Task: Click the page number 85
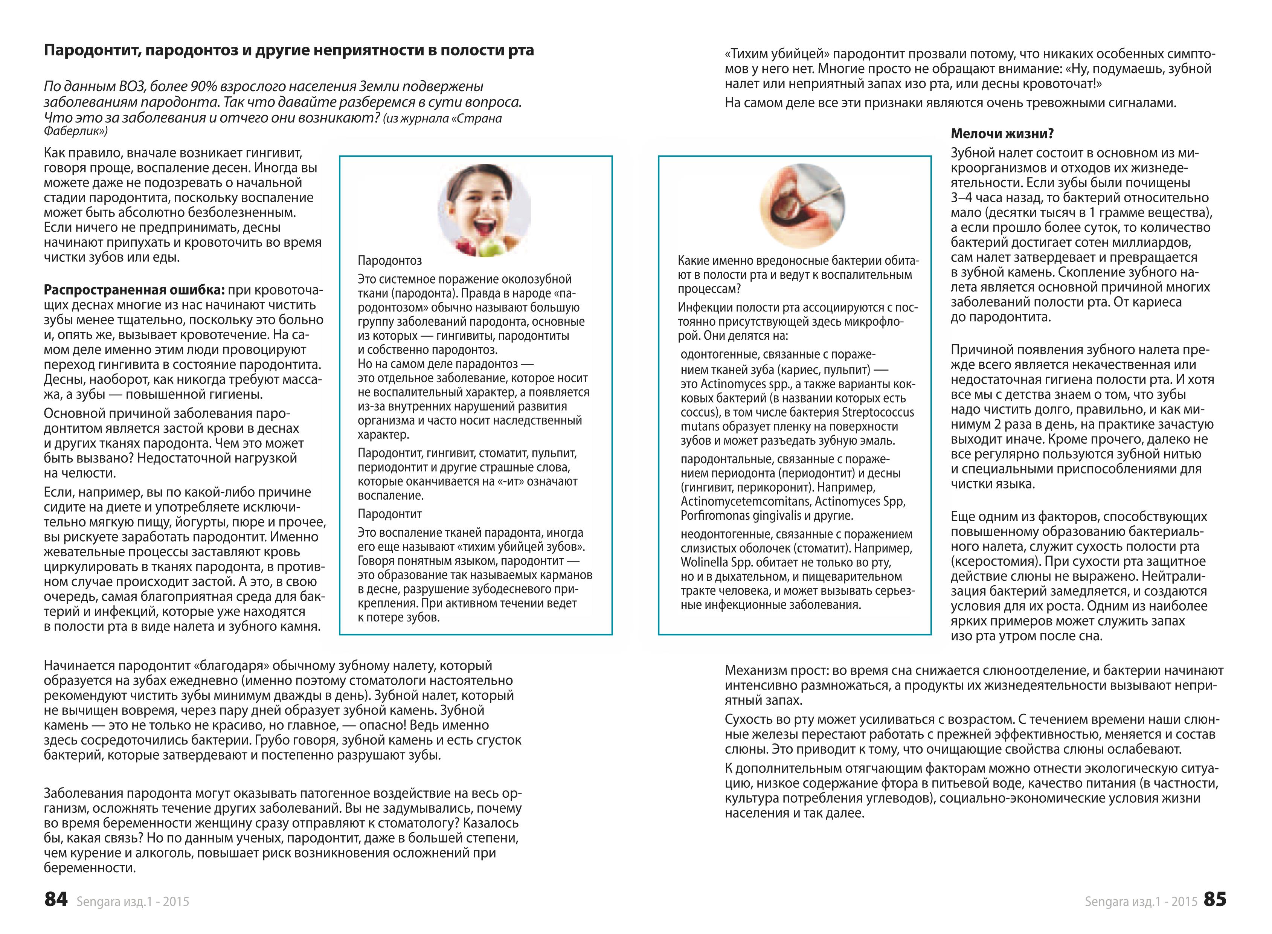(x=1215, y=899)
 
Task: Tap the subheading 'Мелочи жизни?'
(x=1002, y=134)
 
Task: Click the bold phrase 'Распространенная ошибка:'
(x=134, y=290)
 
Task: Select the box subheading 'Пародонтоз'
(x=389, y=261)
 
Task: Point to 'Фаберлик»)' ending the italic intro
(x=76, y=131)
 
